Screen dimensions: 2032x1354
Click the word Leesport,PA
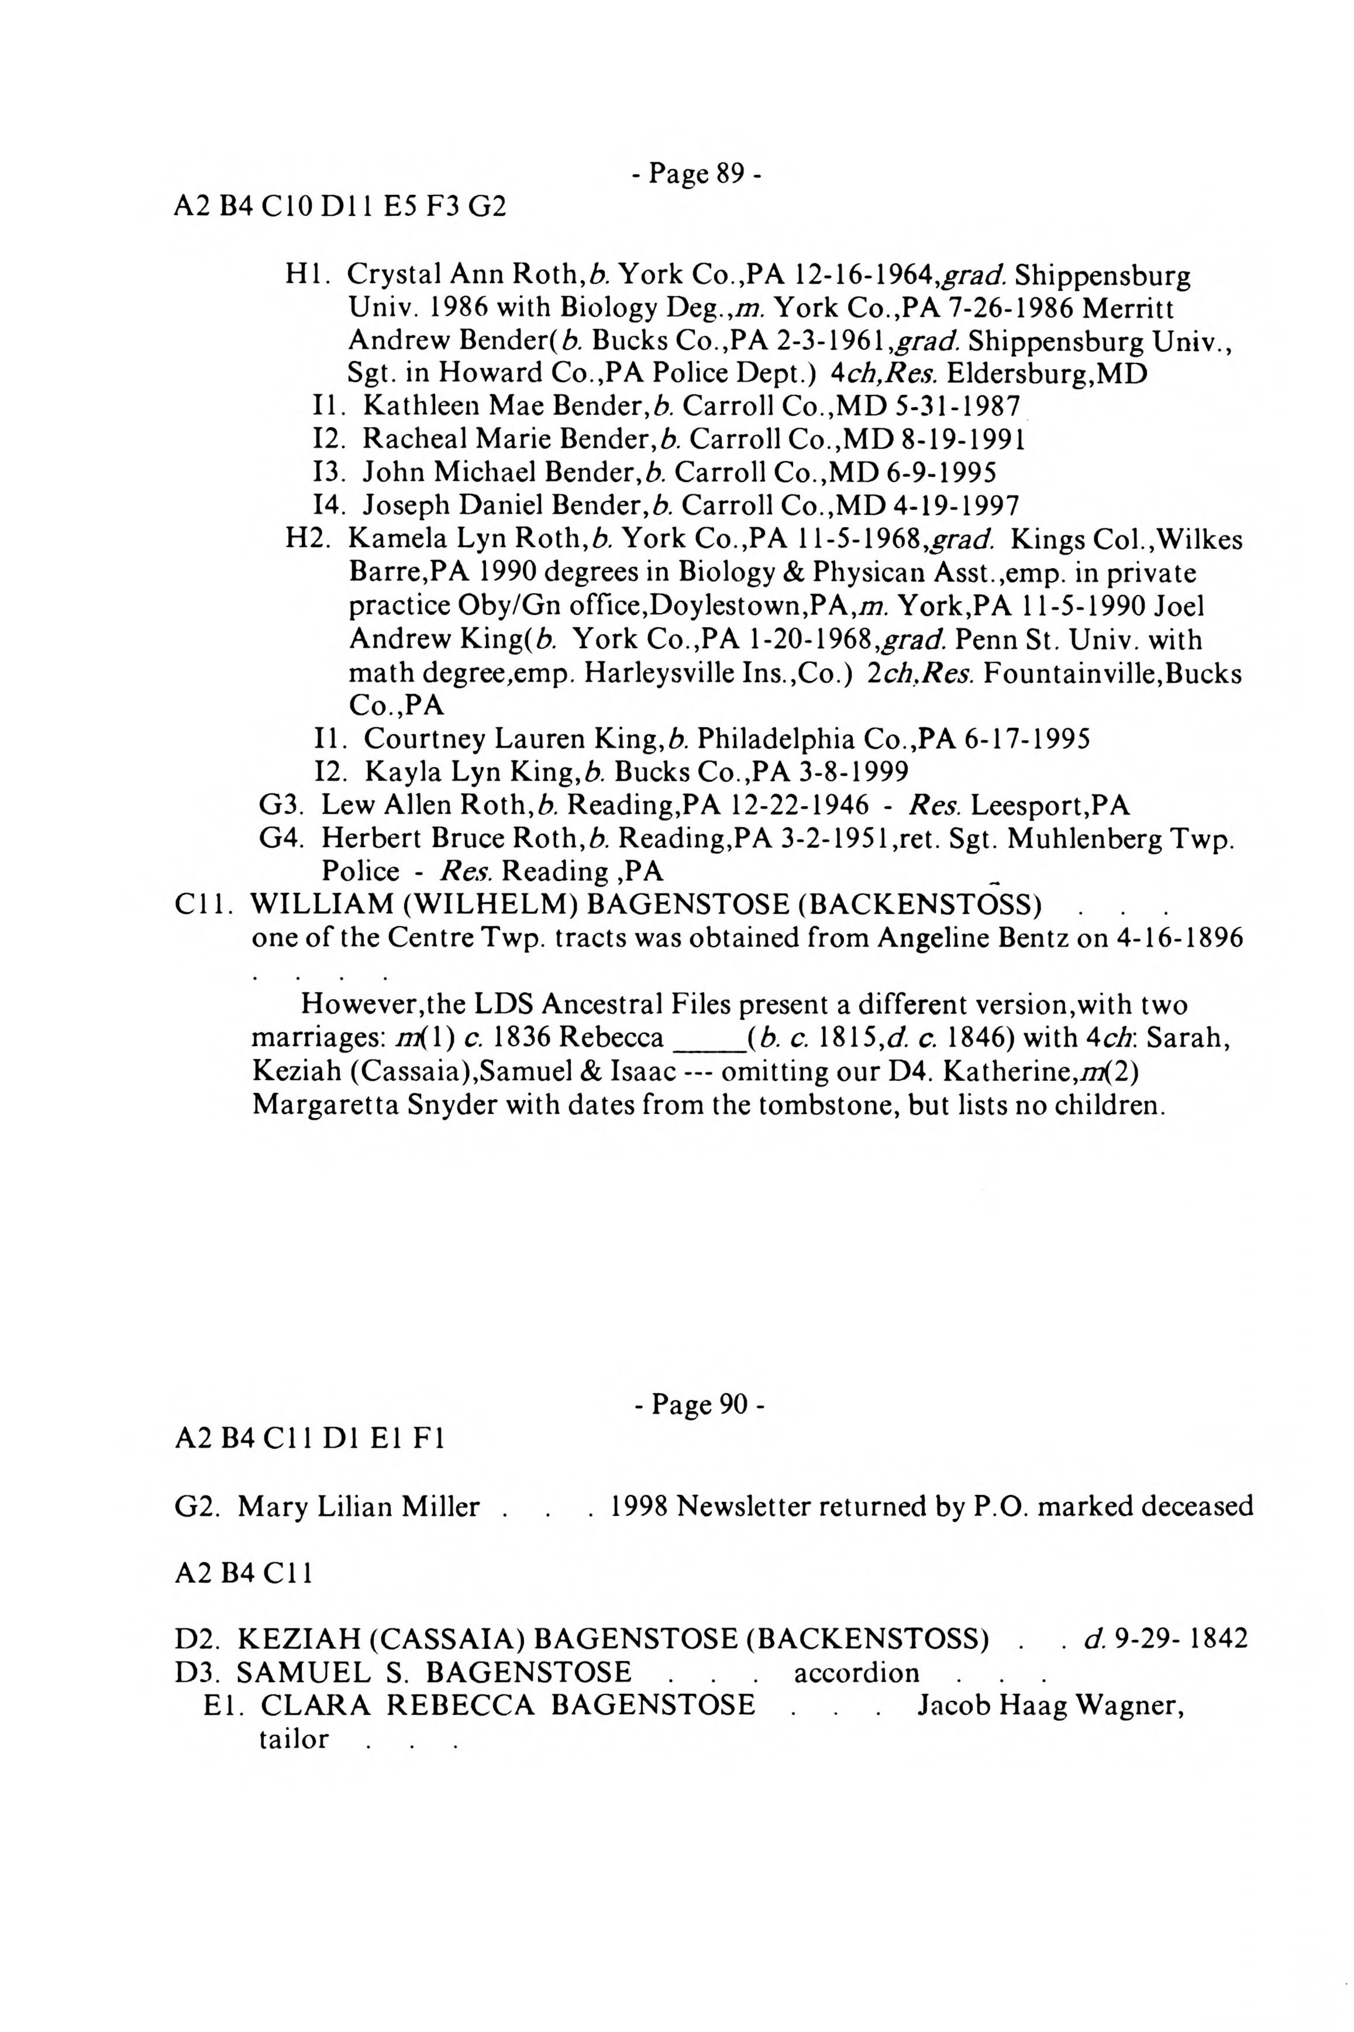[1050, 806]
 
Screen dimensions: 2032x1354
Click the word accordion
[857, 1673]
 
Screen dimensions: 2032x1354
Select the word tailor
[294, 1738]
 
